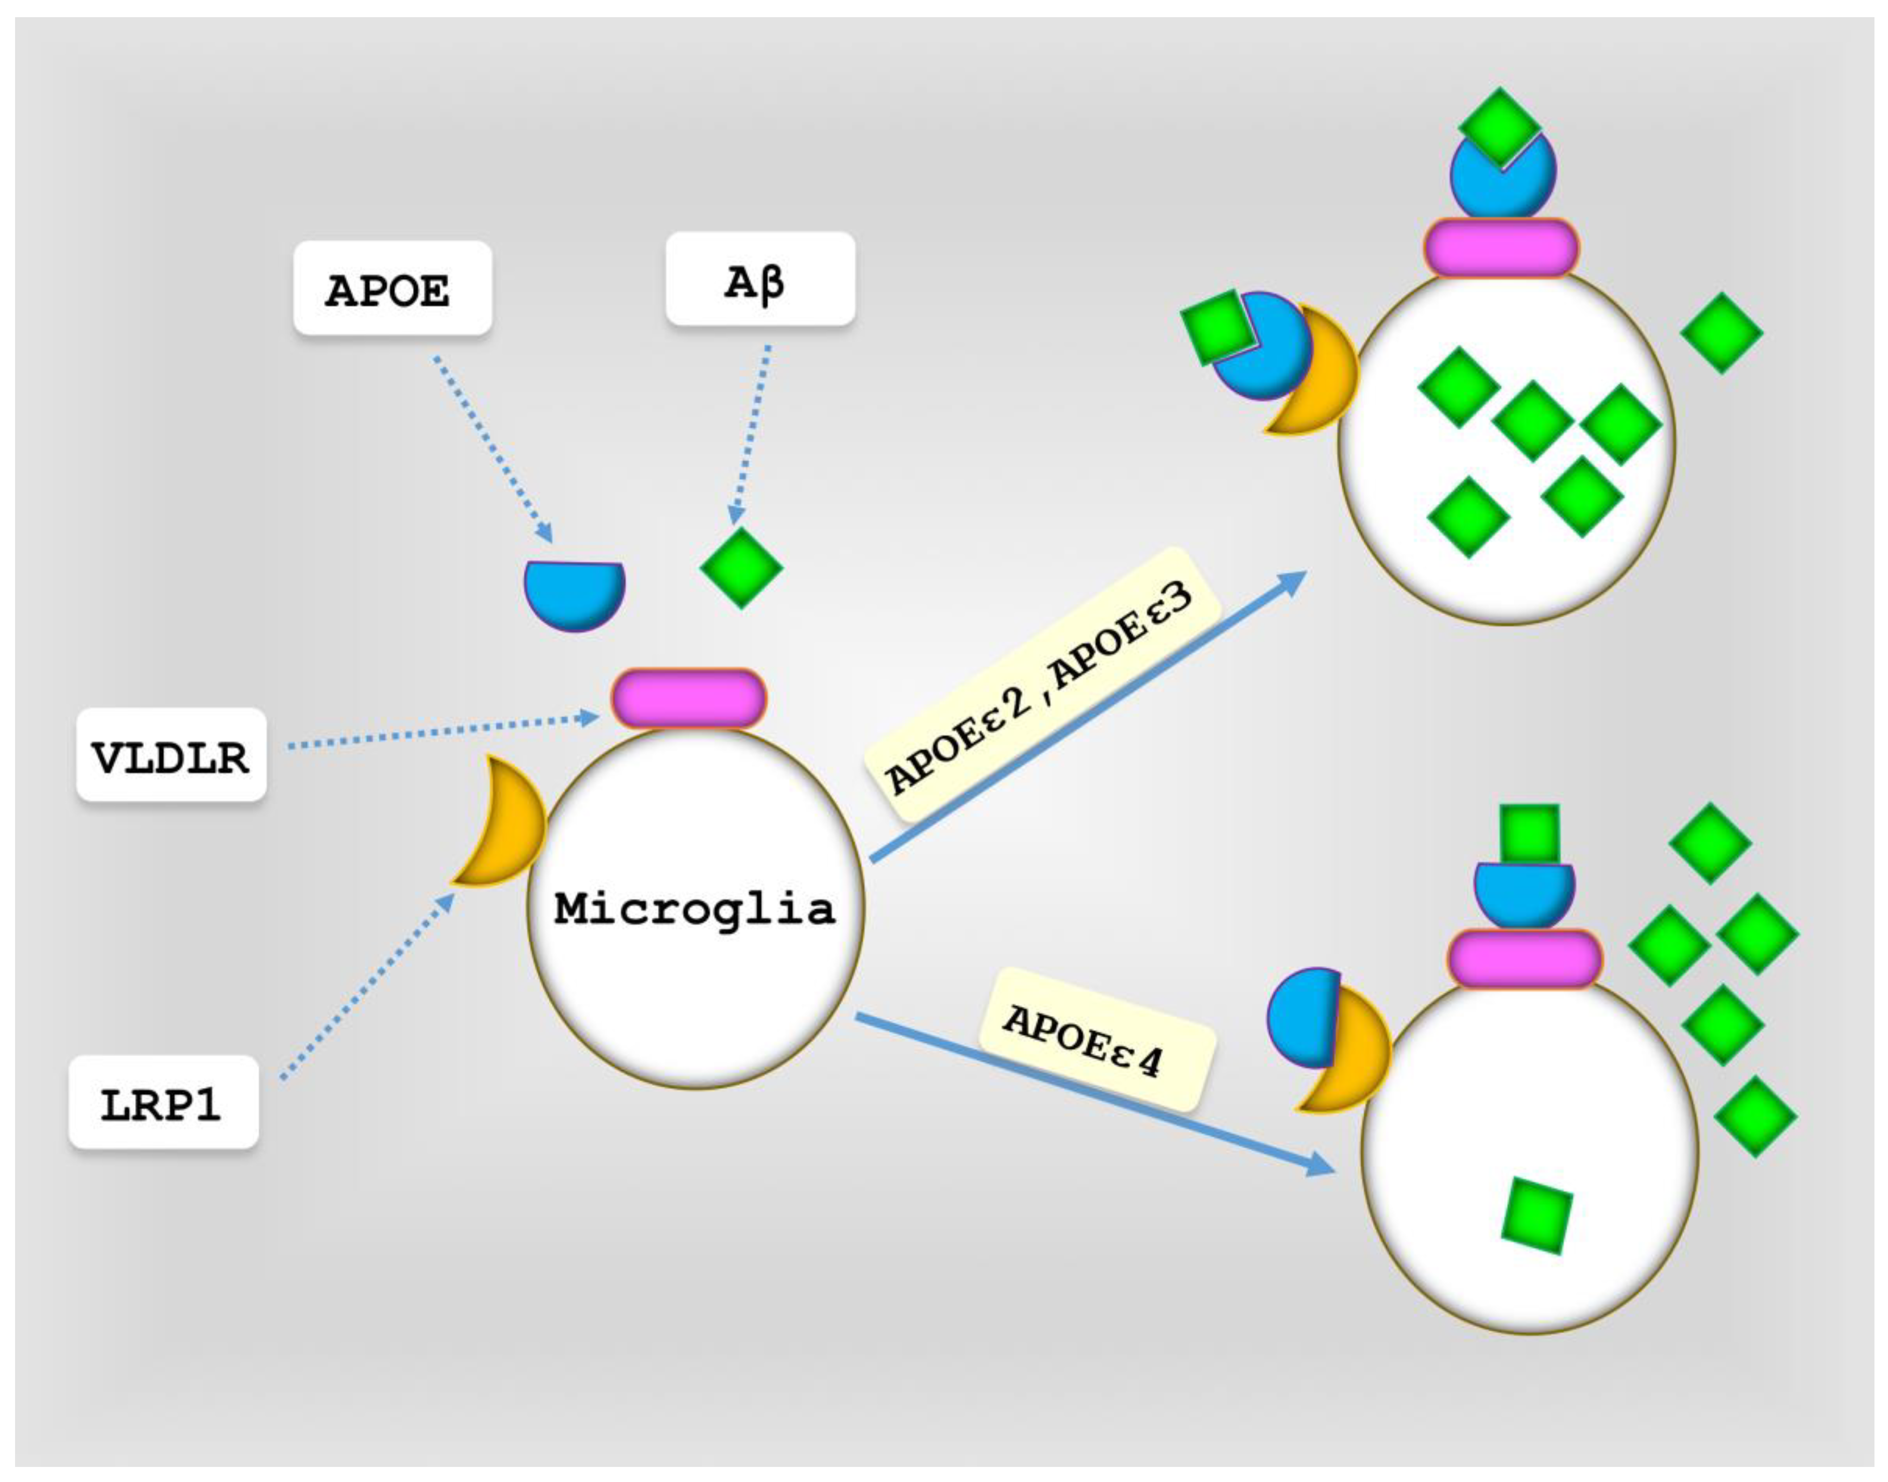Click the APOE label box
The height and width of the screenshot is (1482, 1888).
tap(392, 288)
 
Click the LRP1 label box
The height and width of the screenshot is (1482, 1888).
tap(163, 1102)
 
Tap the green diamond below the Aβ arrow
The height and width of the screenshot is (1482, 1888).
tap(741, 568)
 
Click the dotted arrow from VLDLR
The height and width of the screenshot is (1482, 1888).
tap(442, 732)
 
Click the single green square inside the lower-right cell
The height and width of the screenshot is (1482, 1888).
tap(1536, 1215)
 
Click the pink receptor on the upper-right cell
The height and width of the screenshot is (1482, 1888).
tap(1500, 248)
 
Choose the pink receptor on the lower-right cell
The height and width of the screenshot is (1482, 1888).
tap(1524, 958)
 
